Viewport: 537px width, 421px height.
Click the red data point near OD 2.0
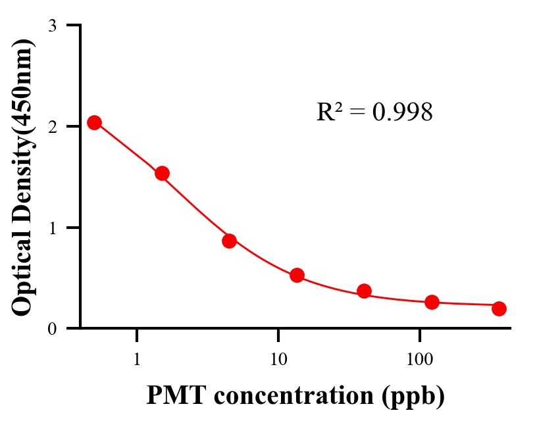click(x=94, y=122)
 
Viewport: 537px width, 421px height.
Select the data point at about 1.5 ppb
click(x=162, y=173)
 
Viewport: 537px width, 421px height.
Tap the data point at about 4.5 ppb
click(x=229, y=241)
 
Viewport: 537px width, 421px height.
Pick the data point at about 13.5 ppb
click(x=297, y=275)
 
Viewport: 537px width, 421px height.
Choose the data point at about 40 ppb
click(x=364, y=291)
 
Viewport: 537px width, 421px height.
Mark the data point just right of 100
click(x=432, y=302)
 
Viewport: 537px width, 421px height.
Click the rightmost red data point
click(x=499, y=309)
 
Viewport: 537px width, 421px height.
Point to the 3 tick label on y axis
click(x=52, y=26)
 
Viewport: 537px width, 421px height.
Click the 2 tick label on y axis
click(x=52, y=126)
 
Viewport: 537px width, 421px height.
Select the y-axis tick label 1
click(x=52, y=228)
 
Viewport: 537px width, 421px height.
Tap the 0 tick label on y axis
click(x=52, y=328)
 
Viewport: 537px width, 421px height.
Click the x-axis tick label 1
click(x=137, y=360)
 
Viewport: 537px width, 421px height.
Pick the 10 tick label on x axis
click(x=278, y=360)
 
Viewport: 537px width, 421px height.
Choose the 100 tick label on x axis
click(x=420, y=360)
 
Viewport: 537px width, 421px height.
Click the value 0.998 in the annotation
click(x=403, y=112)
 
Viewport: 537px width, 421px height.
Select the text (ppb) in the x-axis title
click(x=414, y=396)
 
